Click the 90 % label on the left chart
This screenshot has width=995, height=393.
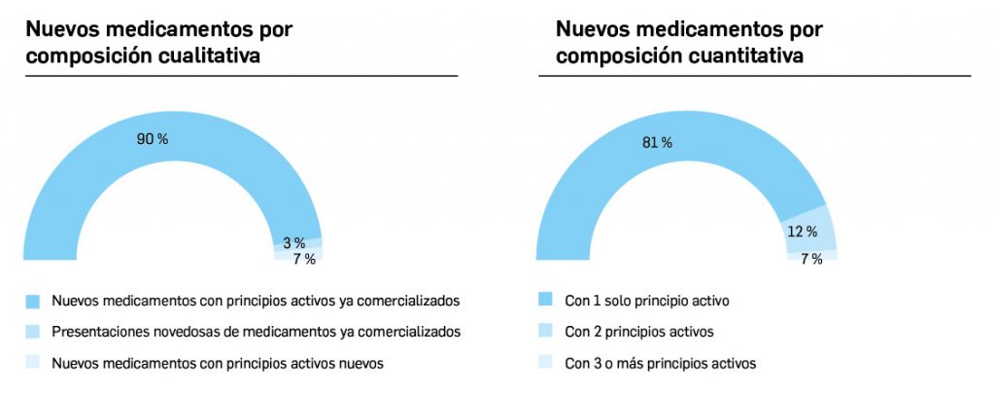[x=152, y=139]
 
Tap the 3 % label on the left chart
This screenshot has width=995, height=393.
[x=293, y=242]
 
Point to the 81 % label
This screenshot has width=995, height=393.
[x=657, y=143]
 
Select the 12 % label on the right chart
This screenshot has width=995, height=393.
[x=802, y=232]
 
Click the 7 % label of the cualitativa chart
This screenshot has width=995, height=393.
[x=304, y=259]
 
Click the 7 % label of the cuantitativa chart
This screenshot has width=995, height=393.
[x=810, y=259]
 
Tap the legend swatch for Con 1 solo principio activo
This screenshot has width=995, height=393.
[x=545, y=300]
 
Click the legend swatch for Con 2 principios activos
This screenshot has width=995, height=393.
[x=545, y=331]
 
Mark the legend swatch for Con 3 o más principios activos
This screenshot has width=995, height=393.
[x=545, y=363]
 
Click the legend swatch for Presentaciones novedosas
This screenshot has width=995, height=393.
[x=33, y=331]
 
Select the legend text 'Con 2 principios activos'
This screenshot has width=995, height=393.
[x=638, y=332]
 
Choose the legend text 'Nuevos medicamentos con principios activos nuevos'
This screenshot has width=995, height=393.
[x=218, y=363]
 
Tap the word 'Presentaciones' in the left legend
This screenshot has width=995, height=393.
[x=96, y=332]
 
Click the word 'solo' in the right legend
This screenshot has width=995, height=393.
[x=622, y=300]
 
